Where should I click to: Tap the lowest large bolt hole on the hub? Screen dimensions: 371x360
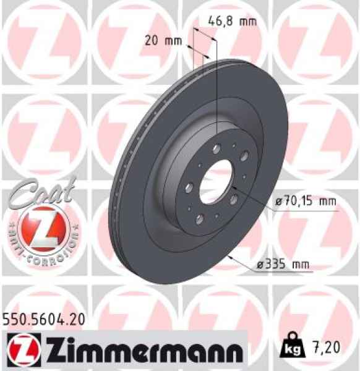tap(199, 219)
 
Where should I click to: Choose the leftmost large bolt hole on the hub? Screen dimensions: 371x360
tap(190, 187)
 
